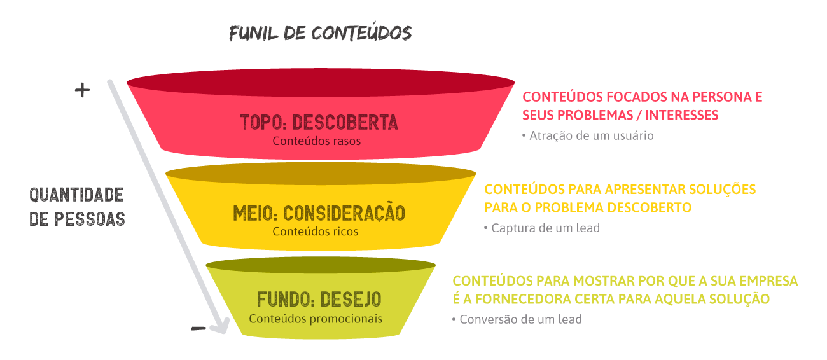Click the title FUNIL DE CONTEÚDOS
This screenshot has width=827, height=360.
[x=320, y=34]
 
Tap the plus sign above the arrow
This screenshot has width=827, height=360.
[x=82, y=90]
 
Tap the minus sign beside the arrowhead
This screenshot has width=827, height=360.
[x=198, y=328]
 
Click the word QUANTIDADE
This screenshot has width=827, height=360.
[x=76, y=195]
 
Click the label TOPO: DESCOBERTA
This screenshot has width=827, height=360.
[x=319, y=122]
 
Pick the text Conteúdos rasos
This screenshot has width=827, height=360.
[x=316, y=141]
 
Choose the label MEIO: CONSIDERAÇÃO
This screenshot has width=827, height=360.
[x=319, y=212]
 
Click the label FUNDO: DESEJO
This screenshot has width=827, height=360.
[x=319, y=299]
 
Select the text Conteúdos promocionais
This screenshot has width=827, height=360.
[x=316, y=319]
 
